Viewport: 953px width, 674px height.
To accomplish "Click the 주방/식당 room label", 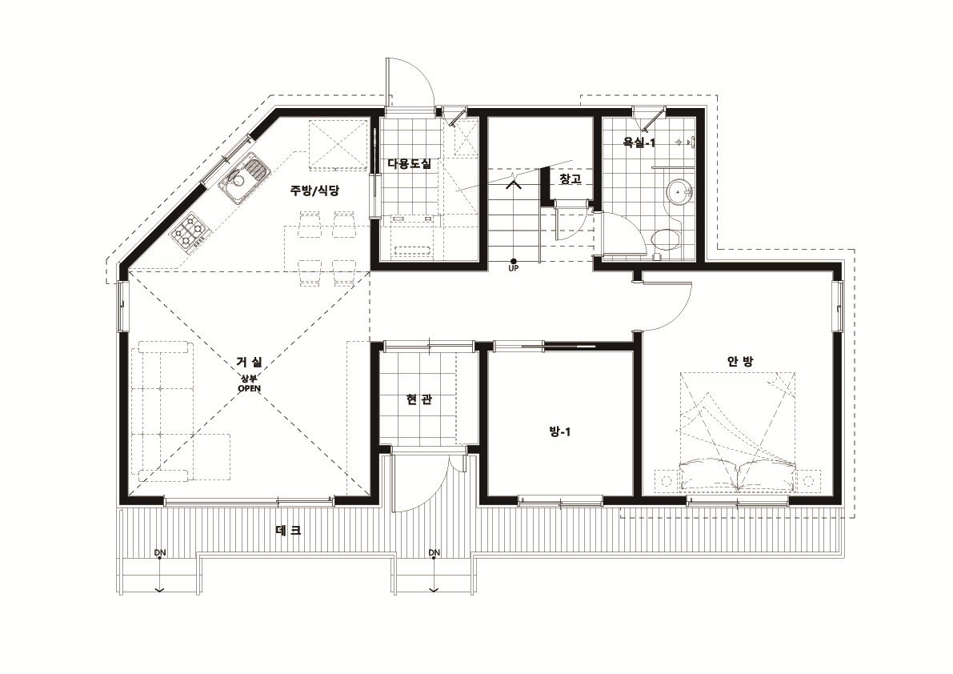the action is point(314,191).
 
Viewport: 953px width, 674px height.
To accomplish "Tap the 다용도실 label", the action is point(409,163).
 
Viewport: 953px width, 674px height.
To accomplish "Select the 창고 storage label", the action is point(570,179).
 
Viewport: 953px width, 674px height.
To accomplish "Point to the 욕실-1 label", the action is point(639,142).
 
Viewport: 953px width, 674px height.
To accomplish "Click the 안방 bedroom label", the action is point(739,361).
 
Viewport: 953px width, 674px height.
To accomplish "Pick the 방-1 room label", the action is point(559,432).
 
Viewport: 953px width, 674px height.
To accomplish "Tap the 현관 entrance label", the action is point(419,399).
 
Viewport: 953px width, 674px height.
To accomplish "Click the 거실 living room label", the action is point(249,363).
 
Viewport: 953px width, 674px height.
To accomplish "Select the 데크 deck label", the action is point(288,530).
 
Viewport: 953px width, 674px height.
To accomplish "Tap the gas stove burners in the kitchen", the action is point(189,231).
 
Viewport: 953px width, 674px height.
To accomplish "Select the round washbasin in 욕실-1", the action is point(679,193).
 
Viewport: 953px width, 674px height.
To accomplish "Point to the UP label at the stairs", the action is point(513,268).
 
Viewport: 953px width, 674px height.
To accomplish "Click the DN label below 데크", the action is point(160,552).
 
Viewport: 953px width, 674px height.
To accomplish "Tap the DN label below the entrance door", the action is point(434,552).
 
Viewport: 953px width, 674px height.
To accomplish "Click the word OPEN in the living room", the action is point(249,388).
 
